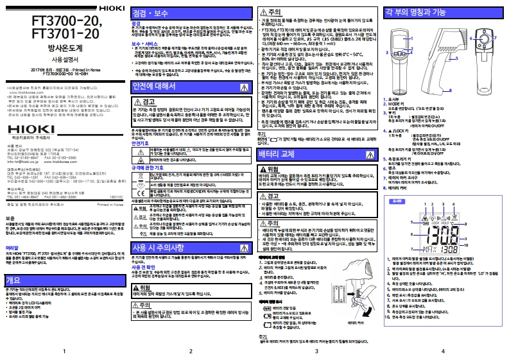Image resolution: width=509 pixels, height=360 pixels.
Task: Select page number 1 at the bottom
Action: click(x=63, y=352)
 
